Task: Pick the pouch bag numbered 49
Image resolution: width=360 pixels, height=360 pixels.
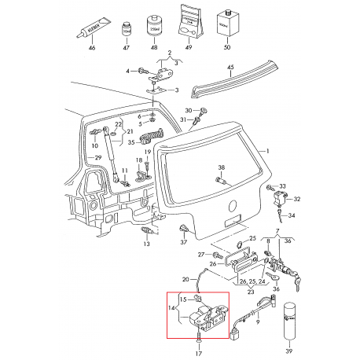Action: (187, 24)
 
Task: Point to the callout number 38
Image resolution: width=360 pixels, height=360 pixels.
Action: (221, 169)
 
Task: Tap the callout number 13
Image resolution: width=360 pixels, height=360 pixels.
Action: (145, 244)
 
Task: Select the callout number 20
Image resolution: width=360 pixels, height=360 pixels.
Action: (186, 279)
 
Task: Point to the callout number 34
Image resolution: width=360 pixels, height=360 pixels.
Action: (292, 215)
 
